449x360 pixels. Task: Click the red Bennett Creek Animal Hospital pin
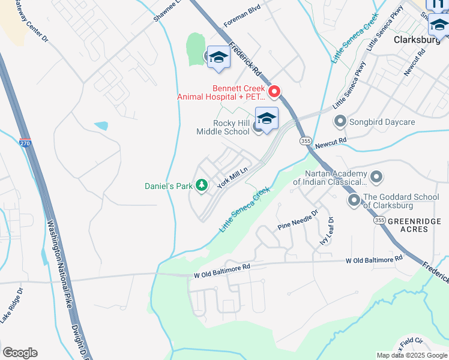(274, 92)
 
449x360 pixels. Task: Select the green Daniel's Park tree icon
(202, 185)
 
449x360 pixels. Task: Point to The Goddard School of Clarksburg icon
(354, 200)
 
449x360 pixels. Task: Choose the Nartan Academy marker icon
(376, 177)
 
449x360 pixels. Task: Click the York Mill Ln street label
(233, 178)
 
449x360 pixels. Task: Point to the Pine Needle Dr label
(297, 223)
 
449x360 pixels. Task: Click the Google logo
(20, 353)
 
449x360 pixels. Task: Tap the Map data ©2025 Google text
(411, 355)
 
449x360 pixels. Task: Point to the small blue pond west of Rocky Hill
(101, 126)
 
